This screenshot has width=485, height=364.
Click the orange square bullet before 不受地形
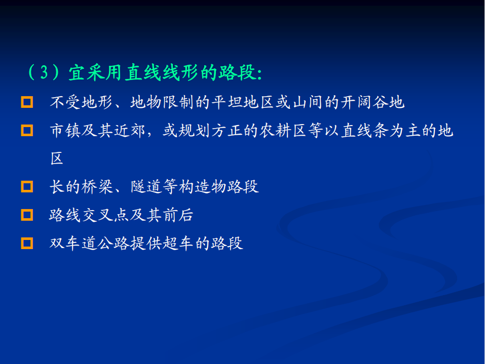(x=27, y=102)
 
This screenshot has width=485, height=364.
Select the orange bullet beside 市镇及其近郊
(x=27, y=131)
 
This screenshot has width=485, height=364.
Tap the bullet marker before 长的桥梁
(x=27, y=187)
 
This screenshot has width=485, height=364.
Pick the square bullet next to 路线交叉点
(x=27, y=215)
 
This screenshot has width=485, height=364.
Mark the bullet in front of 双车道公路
(x=27, y=243)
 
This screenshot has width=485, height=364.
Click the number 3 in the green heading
(x=44, y=72)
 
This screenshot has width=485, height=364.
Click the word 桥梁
(x=97, y=187)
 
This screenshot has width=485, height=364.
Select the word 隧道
(x=146, y=187)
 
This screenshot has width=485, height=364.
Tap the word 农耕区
(x=283, y=131)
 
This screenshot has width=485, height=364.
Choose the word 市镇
(x=65, y=131)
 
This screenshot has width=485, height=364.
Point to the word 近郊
(x=130, y=131)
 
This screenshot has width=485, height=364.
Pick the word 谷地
(x=389, y=102)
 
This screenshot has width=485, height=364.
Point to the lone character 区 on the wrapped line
(x=57, y=159)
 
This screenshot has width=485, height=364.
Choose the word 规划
(x=187, y=131)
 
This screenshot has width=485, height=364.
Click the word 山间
(x=308, y=102)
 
